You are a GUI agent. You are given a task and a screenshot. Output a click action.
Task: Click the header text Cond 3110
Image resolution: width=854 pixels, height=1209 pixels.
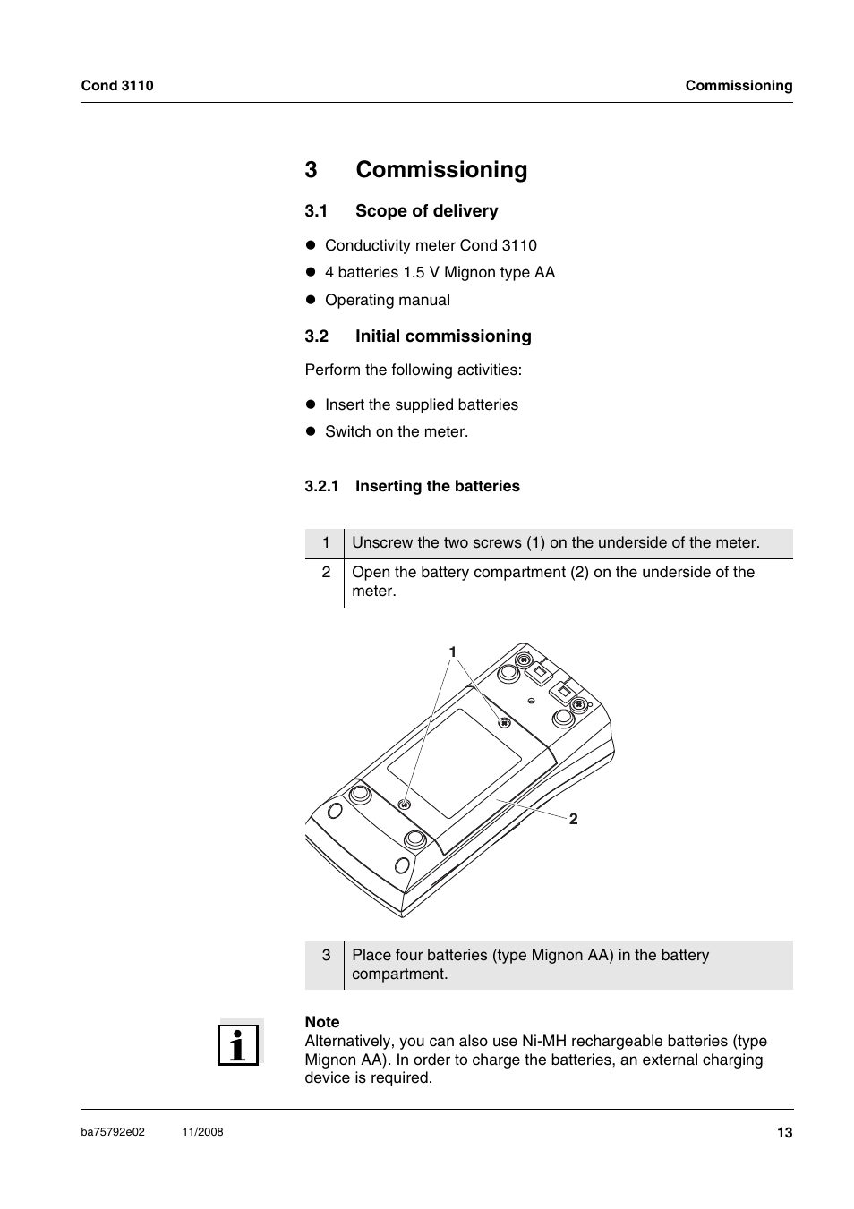pos(117,86)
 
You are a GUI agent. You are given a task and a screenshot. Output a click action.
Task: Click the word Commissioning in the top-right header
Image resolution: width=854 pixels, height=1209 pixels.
pos(739,86)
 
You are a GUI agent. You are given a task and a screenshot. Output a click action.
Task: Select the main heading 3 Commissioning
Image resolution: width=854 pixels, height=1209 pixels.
pos(416,170)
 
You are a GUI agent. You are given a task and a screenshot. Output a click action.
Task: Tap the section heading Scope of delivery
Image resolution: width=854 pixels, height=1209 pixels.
pos(426,211)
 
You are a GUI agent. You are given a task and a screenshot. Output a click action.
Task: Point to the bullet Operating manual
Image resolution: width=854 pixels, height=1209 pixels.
pos(387,301)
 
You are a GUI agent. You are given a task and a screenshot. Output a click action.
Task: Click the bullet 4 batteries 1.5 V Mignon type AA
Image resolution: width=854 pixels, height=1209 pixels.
pos(440,273)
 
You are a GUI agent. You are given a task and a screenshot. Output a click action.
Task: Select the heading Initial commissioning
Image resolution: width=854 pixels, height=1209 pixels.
pos(443,336)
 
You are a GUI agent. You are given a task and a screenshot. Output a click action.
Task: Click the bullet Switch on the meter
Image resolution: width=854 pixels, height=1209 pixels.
pos(396,432)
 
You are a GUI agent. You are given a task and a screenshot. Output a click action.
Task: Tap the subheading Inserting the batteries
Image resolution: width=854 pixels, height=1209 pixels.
pos(437,487)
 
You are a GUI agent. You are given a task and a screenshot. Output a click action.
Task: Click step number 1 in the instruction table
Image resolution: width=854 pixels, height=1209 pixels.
pos(326,543)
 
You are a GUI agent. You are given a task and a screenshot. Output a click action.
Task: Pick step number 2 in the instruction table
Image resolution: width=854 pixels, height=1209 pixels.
pos(326,573)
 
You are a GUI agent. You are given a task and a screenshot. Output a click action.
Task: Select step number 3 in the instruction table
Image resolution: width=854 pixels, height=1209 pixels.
pos(326,956)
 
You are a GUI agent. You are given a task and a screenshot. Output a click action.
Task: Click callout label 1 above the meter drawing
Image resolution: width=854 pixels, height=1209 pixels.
pos(453,651)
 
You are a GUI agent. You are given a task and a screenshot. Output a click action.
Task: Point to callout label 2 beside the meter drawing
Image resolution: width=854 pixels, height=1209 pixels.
pos(574,819)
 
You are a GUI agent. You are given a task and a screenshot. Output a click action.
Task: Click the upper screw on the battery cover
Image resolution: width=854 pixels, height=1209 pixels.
pos(504,722)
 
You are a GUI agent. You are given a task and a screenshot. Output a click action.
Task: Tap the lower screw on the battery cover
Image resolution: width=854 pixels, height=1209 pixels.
pos(405,805)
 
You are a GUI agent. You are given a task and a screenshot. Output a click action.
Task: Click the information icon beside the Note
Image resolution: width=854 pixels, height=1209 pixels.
pos(238,1044)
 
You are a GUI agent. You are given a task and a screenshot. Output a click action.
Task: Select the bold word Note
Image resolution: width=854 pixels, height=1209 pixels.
pos(322,1022)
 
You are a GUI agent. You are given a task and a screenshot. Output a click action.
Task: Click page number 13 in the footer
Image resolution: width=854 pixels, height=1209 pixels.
pos(784,1133)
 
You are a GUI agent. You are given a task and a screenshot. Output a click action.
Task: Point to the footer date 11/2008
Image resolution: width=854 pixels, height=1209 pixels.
pos(202,1132)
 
